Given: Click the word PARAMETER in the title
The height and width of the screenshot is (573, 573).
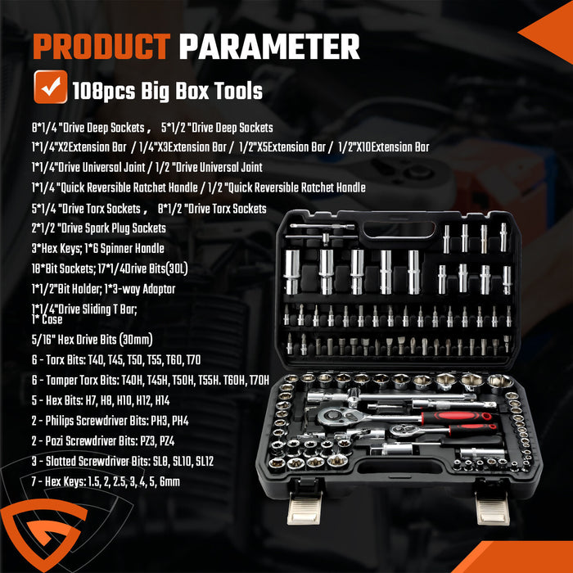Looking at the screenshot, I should [x=269, y=47].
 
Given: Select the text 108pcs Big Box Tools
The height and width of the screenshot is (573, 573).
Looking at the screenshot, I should [x=167, y=90].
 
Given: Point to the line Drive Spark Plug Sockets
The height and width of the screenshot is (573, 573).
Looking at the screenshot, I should [x=98, y=228].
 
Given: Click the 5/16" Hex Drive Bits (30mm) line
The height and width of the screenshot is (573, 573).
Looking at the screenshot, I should [x=92, y=340].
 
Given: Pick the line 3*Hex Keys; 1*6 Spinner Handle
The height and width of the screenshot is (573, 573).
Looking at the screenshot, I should [x=97, y=248].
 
